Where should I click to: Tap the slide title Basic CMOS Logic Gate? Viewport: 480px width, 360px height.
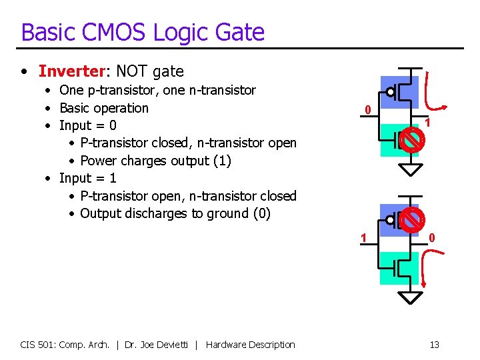tap(143, 33)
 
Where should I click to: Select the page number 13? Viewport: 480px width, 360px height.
tap(434, 345)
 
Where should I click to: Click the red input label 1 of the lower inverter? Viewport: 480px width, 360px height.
tap(363, 237)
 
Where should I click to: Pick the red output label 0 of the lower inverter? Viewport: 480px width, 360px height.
tap(432, 237)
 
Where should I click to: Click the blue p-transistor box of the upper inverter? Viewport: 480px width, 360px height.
tap(399, 91)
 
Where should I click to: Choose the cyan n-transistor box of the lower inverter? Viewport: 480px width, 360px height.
tap(399, 267)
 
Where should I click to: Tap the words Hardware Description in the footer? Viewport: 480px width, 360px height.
tap(250, 345)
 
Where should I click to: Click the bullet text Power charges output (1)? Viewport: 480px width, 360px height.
tap(155, 161)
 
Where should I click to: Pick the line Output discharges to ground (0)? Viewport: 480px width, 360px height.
tap(175, 213)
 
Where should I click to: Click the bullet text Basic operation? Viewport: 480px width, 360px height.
tap(104, 108)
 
